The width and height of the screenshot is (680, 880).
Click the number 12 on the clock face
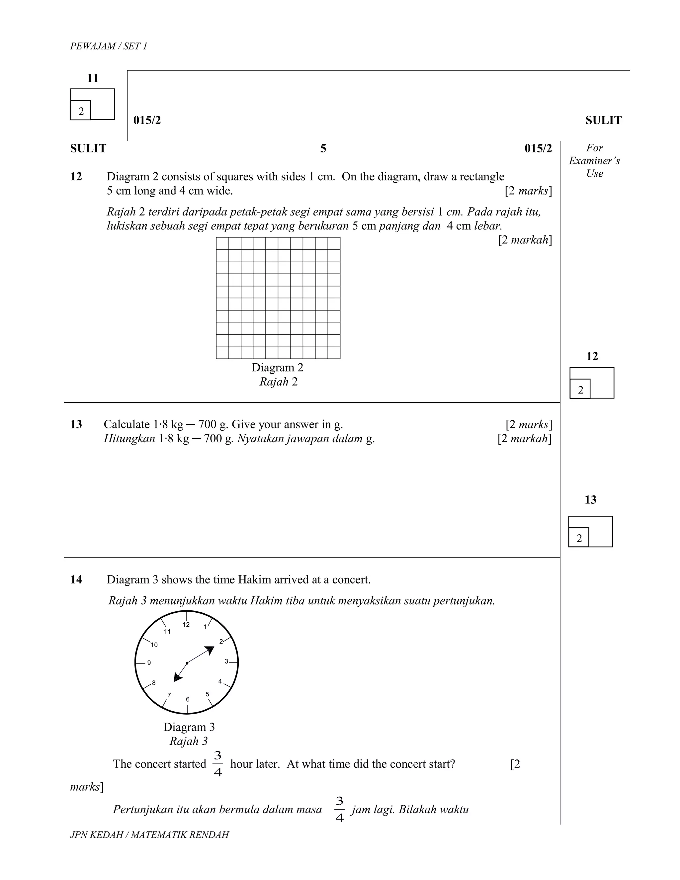click(x=186, y=625)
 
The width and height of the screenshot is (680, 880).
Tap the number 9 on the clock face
click(x=149, y=663)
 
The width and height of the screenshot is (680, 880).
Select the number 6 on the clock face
click(x=188, y=699)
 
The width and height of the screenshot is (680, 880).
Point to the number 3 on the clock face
click(x=226, y=661)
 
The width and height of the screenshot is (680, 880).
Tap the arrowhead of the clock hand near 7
click(x=177, y=678)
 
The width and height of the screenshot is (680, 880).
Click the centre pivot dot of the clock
click(x=187, y=663)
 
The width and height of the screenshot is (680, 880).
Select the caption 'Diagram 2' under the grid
click(x=277, y=368)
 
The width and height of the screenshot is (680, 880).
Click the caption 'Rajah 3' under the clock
click(x=189, y=741)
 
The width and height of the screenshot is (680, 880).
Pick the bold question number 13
click(x=76, y=424)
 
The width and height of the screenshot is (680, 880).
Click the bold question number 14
click(x=76, y=579)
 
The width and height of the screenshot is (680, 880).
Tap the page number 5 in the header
click(x=323, y=149)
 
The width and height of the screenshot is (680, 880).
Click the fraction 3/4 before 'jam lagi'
click(x=340, y=809)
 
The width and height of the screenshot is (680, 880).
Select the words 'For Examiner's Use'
click(x=594, y=161)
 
